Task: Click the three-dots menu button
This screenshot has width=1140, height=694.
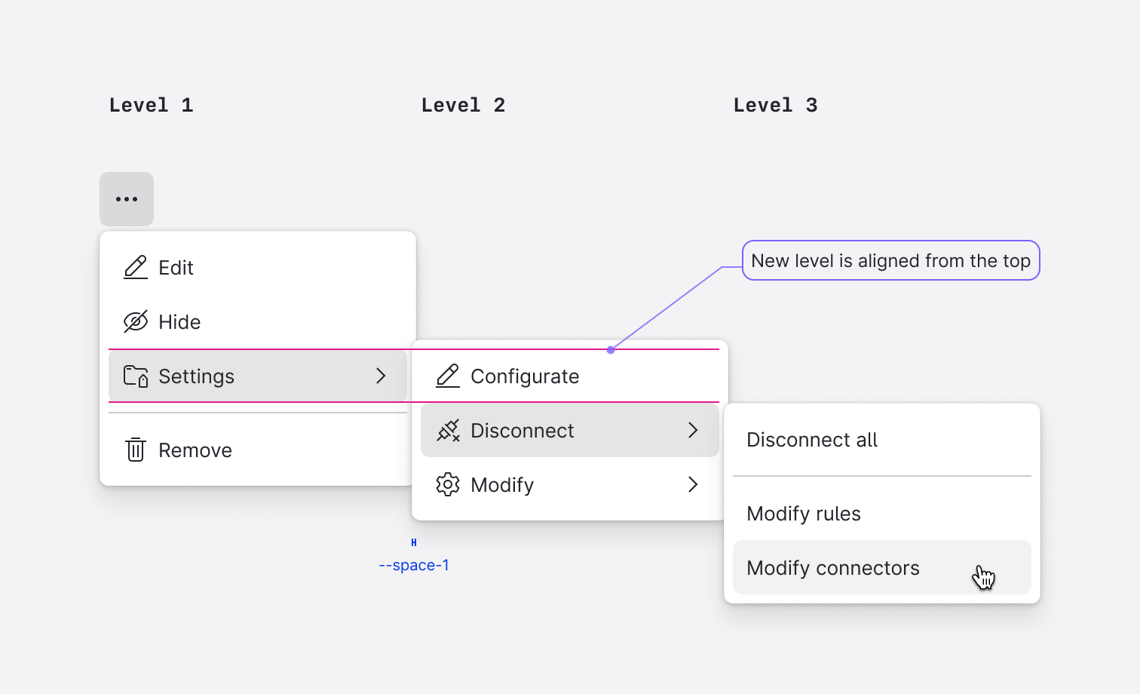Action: pos(127,199)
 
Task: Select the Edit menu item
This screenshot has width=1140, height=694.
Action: pos(176,268)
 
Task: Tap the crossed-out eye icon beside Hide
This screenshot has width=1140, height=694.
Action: pos(136,322)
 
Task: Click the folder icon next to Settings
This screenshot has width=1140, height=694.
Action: pos(136,376)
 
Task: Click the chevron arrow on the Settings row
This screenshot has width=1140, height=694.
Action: pos(382,376)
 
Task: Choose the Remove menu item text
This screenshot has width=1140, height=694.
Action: pos(195,450)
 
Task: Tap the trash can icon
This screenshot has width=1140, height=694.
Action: pos(136,450)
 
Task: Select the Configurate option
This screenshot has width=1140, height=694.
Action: pos(525,376)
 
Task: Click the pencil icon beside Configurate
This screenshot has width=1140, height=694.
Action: pos(448,376)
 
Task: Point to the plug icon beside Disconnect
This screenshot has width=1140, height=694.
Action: pos(449,431)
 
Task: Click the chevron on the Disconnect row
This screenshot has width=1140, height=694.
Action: pos(693,430)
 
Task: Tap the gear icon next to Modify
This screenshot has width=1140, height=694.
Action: pos(448,484)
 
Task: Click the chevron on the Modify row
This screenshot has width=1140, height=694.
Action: pos(693,484)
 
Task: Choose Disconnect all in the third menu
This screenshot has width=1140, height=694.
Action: pos(812,440)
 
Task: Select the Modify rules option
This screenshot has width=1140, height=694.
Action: pos(804,514)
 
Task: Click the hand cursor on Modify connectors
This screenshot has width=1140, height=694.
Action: pos(984,577)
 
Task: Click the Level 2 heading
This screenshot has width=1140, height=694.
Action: pos(463,106)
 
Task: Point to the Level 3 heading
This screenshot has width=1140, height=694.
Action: pos(775,106)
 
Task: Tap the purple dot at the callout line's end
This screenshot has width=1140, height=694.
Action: pos(611,350)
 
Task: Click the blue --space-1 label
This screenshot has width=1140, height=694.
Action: pos(414,565)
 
